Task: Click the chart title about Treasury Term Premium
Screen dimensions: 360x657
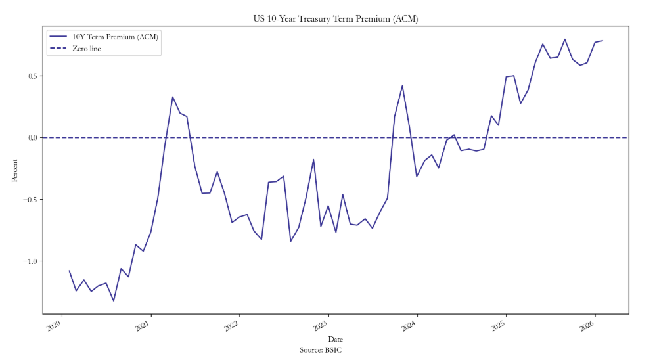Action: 335,19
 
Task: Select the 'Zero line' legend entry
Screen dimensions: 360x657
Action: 86,49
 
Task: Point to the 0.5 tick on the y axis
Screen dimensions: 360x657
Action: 32,76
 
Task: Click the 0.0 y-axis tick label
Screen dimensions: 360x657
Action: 32,137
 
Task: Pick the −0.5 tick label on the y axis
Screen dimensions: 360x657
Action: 30,199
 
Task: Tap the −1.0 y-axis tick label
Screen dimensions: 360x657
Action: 30,261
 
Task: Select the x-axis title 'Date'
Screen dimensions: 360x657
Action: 335,339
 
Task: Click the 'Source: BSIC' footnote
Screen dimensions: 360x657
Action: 321,350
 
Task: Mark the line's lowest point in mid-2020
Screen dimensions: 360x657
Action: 114,301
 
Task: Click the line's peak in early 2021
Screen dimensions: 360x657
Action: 173,97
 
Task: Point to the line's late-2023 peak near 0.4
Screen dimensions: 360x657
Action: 402,85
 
